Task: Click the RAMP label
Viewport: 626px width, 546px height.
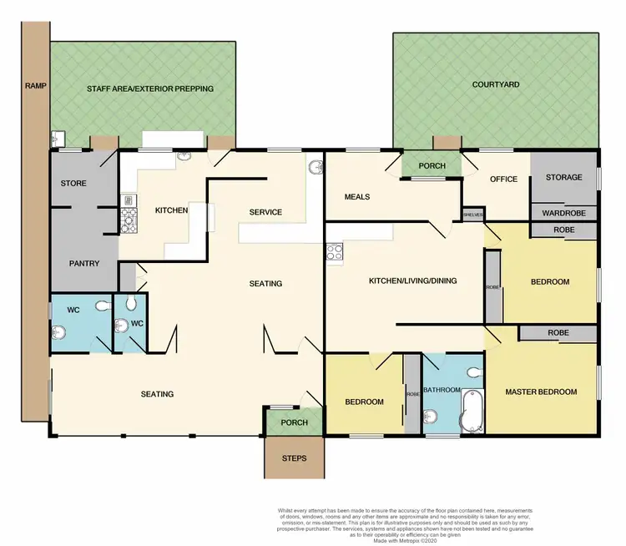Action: (x=36, y=85)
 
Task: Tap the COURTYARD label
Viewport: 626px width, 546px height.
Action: (x=495, y=84)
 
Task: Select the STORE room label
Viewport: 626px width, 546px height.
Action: (x=73, y=183)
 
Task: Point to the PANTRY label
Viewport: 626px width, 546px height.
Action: (x=84, y=264)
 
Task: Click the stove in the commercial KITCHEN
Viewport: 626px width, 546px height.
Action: (x=129, y=220)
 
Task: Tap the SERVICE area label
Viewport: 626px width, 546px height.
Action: (x=265, y=212)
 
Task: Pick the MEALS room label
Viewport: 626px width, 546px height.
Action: (x=356, y=197)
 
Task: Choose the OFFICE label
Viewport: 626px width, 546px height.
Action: (x=504, y=179)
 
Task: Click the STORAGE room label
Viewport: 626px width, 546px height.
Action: (x=563, y=178)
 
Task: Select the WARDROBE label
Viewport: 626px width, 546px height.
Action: (x=564, y=212)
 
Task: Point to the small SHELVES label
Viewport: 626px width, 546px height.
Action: (x=472, y=215)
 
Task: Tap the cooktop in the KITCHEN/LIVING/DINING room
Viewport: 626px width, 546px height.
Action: (x=335, y=252)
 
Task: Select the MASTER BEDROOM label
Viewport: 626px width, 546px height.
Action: (x=541, y=392)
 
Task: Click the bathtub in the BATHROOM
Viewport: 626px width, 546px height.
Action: (x=471, y=410)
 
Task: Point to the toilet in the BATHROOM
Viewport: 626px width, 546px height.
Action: (x=473, y=372)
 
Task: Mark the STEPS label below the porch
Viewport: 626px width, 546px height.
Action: (x=293, y=458)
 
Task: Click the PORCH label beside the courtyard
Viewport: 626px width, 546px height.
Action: (x=432, y=166)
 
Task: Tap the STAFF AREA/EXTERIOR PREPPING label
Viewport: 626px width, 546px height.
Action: (x=150, y=88)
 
